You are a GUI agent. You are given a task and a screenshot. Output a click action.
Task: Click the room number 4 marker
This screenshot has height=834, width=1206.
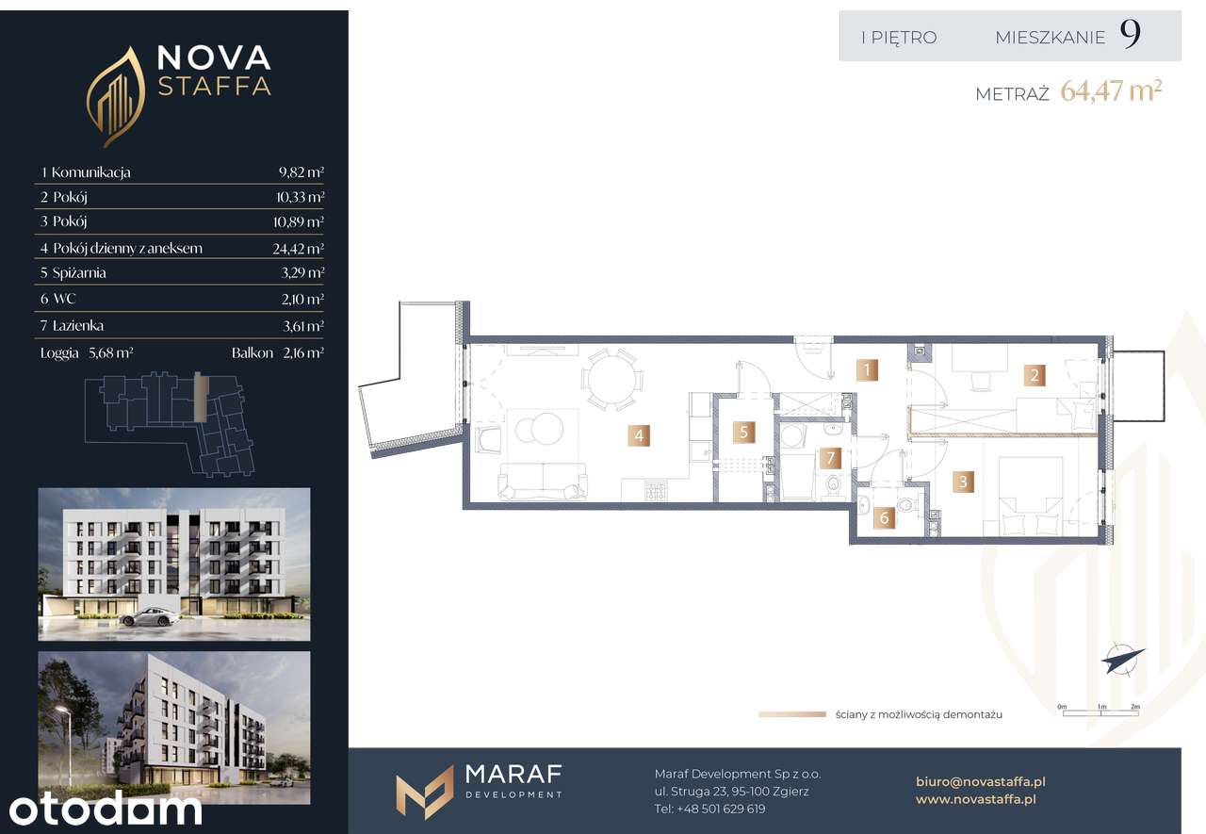tap(639, 435)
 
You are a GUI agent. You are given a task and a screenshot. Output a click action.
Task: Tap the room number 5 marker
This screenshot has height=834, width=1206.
tap(743, 432)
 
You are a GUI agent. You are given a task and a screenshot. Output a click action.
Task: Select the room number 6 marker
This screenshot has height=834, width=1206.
tap(884, 517)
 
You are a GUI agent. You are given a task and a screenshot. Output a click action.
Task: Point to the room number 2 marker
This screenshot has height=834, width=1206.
tap(1035, 375)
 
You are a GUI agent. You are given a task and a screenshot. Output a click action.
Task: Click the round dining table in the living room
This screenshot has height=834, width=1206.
tap(611, 380)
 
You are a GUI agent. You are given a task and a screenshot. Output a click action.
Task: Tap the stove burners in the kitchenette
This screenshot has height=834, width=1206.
tap(657, 491)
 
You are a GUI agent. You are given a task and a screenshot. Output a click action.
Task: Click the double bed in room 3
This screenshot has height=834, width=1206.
tap(1031, 496)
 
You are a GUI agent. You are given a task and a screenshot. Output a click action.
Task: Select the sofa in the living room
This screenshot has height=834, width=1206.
tap(543, 481)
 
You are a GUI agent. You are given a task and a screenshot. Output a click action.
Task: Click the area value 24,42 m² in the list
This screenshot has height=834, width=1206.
tap(298, 248)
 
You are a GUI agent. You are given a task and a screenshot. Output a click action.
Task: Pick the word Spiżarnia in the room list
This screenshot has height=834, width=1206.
tap(79, 273)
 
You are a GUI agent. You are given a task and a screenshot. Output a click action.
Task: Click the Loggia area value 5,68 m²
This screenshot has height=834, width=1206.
tap(111, 352)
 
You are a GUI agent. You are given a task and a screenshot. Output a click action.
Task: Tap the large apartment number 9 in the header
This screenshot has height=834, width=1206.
tap(1130, 35)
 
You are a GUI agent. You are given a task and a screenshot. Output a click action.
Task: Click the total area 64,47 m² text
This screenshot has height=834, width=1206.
tap(1111, 91)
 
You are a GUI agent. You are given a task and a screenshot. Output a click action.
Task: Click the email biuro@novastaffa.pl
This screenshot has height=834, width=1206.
tap(981, 781)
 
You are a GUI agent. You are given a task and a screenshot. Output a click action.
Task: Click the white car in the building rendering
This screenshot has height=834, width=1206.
tap(149, 617)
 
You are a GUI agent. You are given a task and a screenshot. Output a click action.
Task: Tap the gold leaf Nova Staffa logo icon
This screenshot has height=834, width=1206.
tap(115, 97)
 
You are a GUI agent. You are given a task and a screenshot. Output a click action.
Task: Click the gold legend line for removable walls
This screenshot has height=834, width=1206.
tap(792, 714)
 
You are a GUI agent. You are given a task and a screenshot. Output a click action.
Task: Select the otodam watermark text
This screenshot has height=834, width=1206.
tap(105, 808)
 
